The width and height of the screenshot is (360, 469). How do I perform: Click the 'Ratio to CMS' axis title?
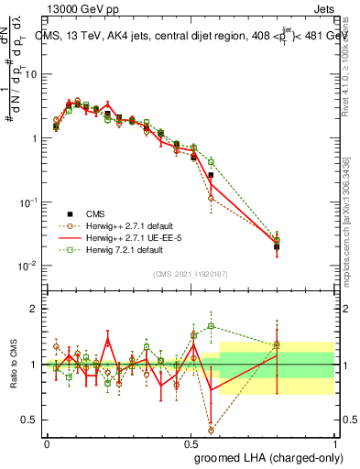16,365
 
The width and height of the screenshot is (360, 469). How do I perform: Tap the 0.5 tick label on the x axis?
191,442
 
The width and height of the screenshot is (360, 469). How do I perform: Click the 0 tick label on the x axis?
47,442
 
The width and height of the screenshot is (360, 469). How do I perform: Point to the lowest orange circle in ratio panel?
211,430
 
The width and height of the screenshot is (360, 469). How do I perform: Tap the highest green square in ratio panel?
211,325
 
